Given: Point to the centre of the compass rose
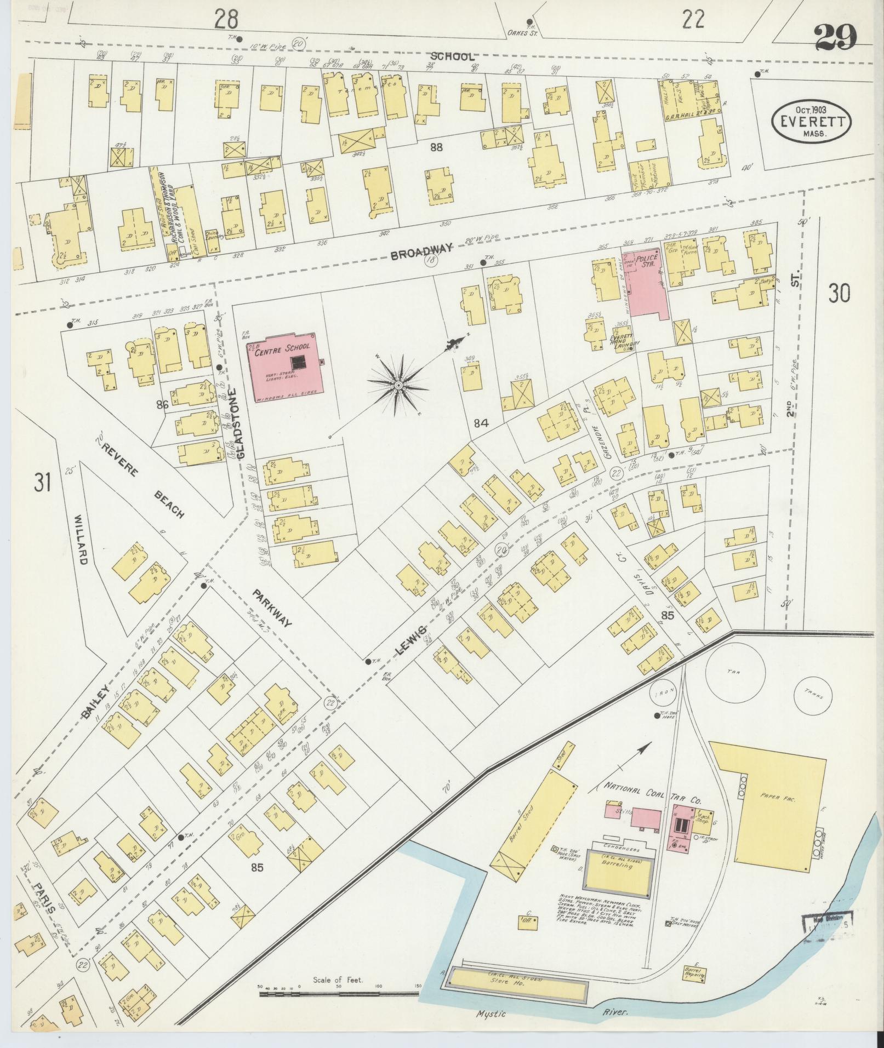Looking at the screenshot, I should (398, 386).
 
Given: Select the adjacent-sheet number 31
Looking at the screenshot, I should (42, 483).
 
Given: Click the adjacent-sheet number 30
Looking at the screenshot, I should (839, 294).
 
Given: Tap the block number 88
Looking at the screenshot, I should (436, 147).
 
